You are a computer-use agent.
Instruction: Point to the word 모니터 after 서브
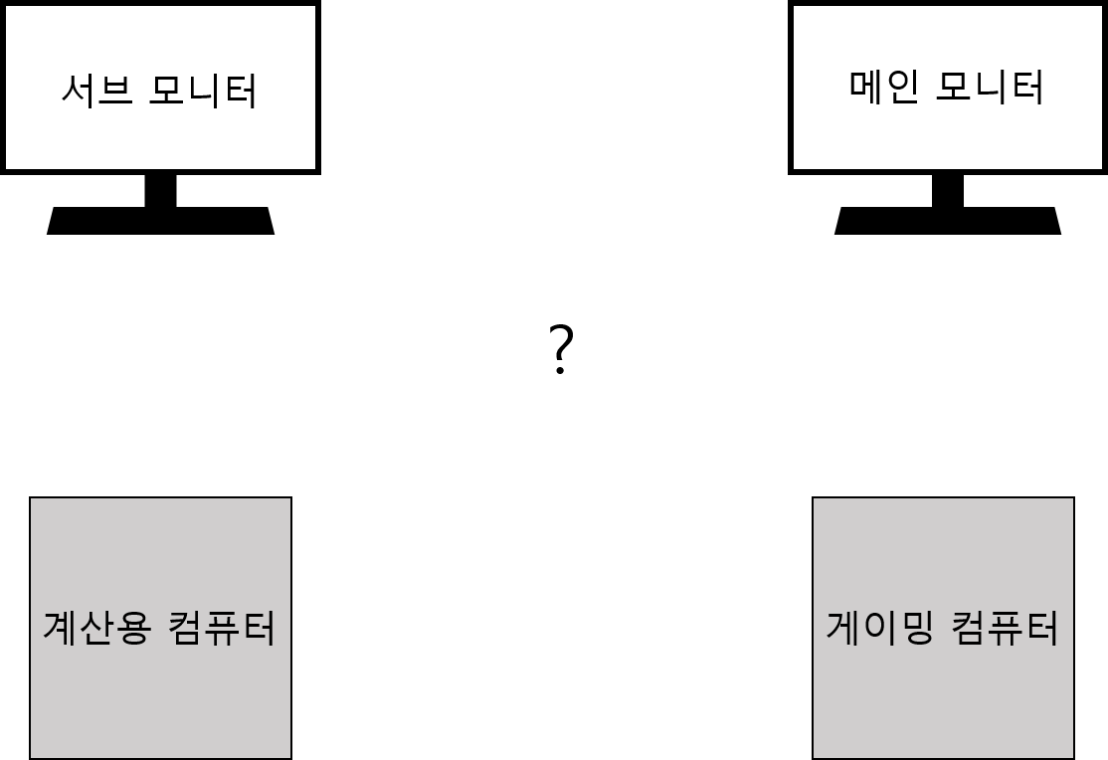coord(203,92)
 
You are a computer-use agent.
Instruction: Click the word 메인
coord(883,88)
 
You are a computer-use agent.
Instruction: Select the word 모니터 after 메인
coord(991,88)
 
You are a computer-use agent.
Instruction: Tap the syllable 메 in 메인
coord(866,88)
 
